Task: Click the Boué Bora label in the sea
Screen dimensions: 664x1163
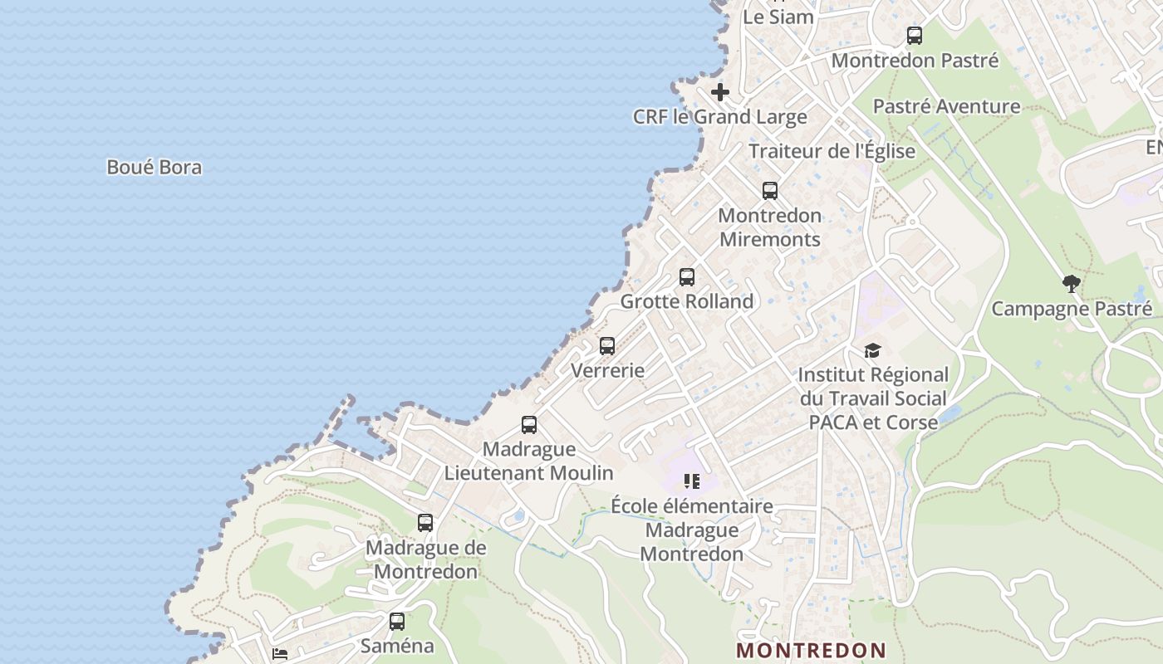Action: pyautogui.click(x=154, y=167)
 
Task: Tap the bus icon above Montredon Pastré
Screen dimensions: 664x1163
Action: pyautogui.click(x=914, y=36)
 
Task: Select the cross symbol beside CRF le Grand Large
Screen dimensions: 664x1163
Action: pyautogui.click(x=719, y=92)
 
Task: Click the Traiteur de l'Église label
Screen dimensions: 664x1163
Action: pyautogui.click(x=832, y=151)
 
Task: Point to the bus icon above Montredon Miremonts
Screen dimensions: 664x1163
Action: pyautogui.click(x=769, y=191)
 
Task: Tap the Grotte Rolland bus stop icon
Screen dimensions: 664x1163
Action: pyautogui.click(x=686, y=277)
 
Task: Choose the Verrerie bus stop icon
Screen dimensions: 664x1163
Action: pyautogui.click(x=607, y=346)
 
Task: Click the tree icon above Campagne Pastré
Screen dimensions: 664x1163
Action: pyautogui.click(x=1072, y=284)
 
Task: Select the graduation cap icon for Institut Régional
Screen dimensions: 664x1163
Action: pyautogui.click(x=872, y=350)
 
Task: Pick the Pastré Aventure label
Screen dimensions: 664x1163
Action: pyautogui.click(x=946, y=106)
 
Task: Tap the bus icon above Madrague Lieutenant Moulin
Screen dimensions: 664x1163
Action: pyautogui.click(x=528, y=425)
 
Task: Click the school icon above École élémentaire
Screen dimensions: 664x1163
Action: pyautogui.click(x=691, y=481)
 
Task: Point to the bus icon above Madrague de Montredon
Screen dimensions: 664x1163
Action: pyautogui.click(x=425, y=523)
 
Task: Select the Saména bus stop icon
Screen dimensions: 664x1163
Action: pyautogui.click(x=397, y=621)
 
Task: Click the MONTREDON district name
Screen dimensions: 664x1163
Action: pyautogui.click(x=811, y=650)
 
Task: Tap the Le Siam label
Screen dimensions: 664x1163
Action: pyautogui.click(x=778, y=16)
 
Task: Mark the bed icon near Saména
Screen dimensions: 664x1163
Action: pyautogui.click(x=280, y=654)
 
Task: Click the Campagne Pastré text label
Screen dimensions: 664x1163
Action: pyautogui.click(x=1072, y=309)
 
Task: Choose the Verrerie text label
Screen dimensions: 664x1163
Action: pyautogui.click(x=607, y=370)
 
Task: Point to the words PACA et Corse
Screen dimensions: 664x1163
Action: pyautogui.click(x=873, y=422)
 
